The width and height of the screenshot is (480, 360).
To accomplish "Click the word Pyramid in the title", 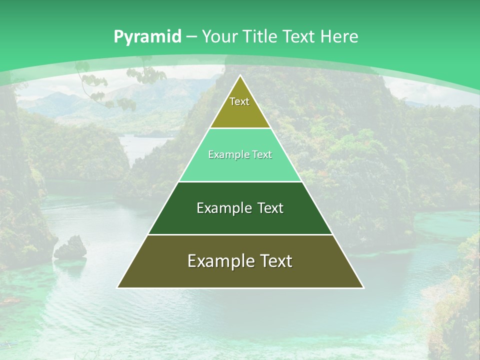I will (147, 37).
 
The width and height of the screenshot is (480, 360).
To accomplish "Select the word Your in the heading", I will (219, 36).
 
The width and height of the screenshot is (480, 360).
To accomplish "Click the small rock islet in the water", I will (71, 248).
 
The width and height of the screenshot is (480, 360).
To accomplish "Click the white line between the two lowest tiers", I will (240, 234).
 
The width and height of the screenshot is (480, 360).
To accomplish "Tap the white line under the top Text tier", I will (240, 128).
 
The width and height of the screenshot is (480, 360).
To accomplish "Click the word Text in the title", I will (298, 36).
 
